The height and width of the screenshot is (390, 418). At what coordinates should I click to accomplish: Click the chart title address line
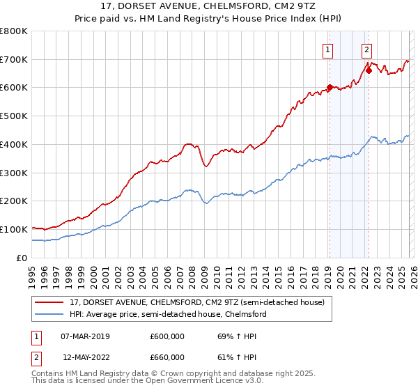(209, 7)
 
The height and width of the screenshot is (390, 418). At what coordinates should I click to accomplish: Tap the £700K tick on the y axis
(14, 60)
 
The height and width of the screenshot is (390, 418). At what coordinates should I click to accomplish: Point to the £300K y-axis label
(14, 173)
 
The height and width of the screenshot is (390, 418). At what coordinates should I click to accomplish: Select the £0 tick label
(22, 258)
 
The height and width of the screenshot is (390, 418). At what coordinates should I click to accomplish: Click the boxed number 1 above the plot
(327, 49)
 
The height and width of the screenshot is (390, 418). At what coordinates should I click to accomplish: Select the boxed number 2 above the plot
(366, 49)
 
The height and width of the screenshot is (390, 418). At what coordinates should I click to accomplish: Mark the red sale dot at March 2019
(330, 87)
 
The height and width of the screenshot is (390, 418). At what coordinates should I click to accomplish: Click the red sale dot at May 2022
(369, 70)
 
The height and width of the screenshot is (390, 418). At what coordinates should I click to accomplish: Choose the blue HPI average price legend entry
(167, 315)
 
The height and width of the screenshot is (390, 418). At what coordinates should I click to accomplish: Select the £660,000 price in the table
(167, 357)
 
